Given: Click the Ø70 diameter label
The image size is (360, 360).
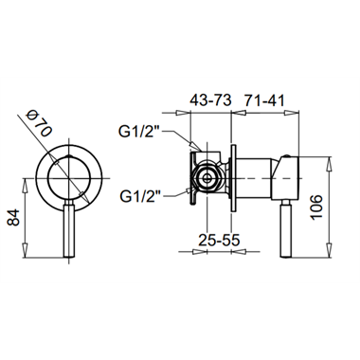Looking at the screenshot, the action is [39, 123].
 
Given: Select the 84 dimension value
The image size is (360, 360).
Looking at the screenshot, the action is [13, 218].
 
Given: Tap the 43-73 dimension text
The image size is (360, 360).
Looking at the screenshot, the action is [210, 100].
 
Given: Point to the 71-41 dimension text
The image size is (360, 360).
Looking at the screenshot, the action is [264, 100].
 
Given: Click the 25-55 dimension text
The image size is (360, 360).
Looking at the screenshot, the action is [219, 241].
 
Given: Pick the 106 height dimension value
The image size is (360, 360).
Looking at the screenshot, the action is [315, 207].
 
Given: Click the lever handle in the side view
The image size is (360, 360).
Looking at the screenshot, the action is [287, 228].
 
